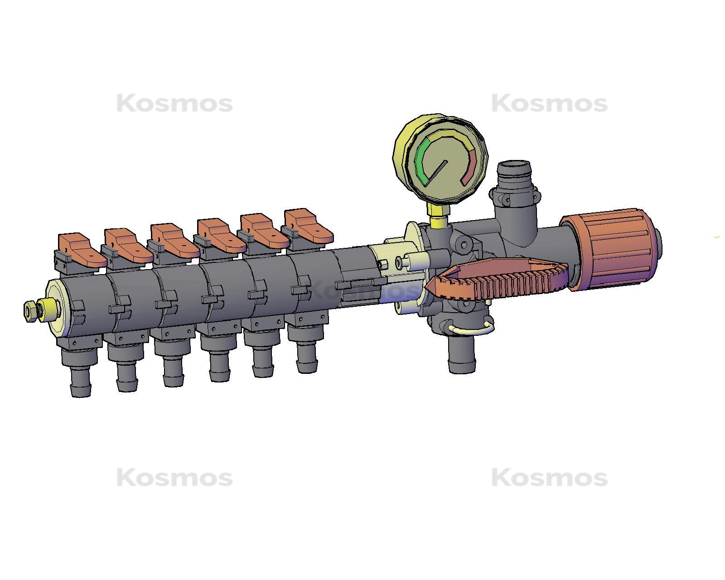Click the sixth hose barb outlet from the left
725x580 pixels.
pos(307,356)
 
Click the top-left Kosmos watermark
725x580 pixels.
pos(174,104)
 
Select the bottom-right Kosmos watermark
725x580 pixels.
pos(549,478)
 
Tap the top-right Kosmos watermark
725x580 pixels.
pos(549,104)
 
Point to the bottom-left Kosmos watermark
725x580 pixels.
pos(174,478)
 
